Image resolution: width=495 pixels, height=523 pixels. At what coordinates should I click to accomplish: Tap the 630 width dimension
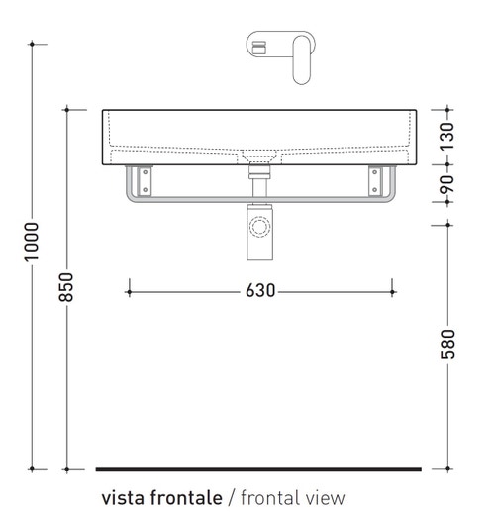pyautogui.click(x=260, y=291)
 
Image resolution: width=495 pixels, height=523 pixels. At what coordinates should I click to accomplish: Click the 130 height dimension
pyautogui.click(x=448, y=132)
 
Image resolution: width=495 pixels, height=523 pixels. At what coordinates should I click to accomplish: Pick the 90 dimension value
pyautogui.click(x=448, y=183)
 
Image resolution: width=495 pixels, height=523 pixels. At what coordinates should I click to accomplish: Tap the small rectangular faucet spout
pyautogui.click(x=261, y=46)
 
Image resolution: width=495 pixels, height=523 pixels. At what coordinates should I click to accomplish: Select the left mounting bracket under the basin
pyautogui.click(x=146, y=181)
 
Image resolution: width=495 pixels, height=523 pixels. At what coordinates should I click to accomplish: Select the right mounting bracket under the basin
pyautogui.click(x=376, y=181)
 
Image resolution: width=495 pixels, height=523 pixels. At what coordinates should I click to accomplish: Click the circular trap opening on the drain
pyautogui.click(x=260, y=228)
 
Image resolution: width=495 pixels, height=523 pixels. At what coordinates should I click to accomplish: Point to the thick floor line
pyautogui.click(x=259, y=468)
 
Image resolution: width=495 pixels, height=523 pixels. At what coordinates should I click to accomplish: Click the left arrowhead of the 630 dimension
pyautogui.click(x=129, y=291)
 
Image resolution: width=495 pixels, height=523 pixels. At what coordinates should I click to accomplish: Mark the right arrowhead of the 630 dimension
pyautogui.click(x=393, y=291)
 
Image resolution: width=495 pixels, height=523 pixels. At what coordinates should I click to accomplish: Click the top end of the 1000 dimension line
pyautogui.click(x=33, y=44)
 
